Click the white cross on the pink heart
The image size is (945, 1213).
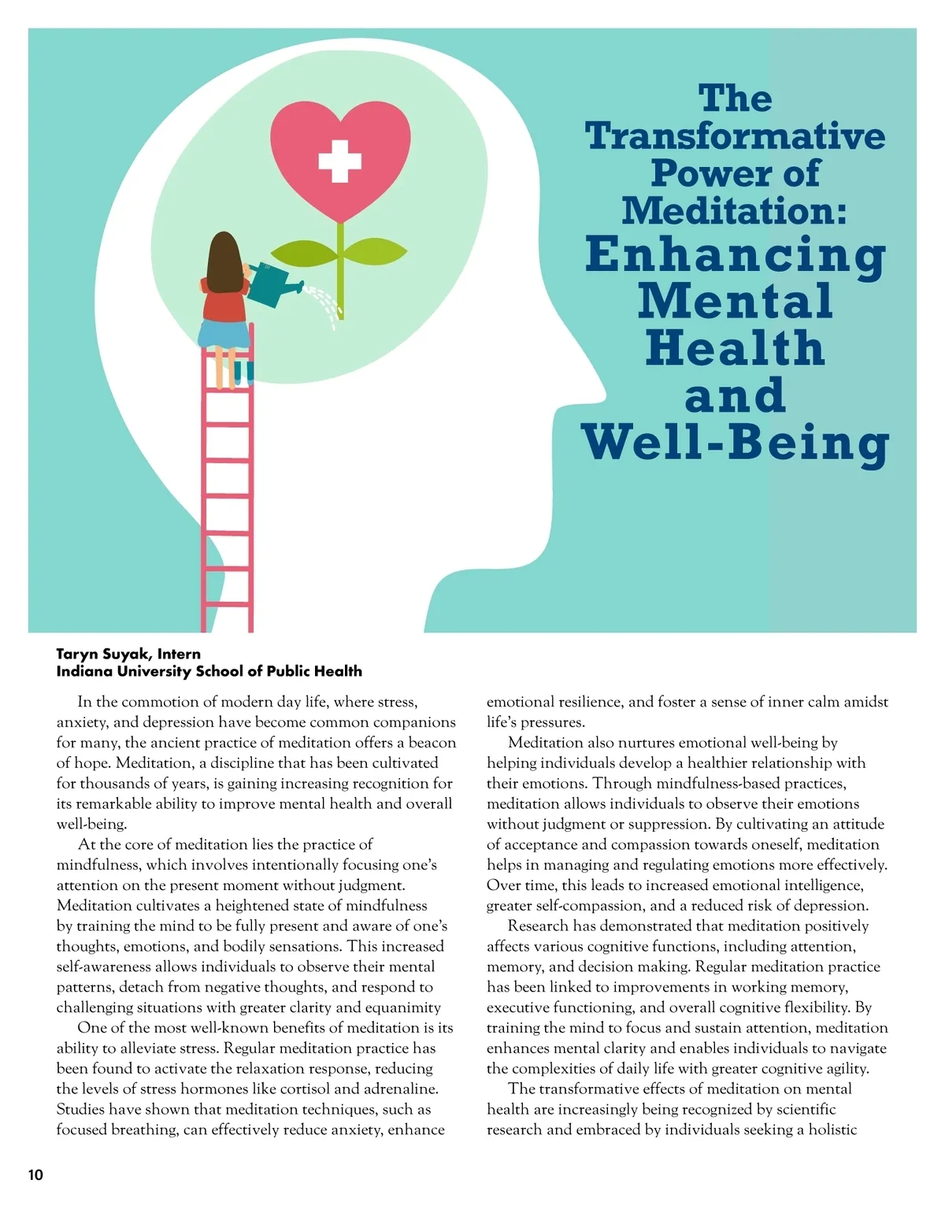click(339, 161)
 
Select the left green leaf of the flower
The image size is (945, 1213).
click(306, 254)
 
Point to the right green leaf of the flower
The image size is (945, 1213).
click(376, 252)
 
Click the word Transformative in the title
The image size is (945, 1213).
click(735, 135)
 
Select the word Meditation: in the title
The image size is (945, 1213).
click(735, 210)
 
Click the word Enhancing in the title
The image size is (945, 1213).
click(735, 255)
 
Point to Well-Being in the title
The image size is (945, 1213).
click(735, 443)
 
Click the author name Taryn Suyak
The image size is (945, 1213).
click(103, 654)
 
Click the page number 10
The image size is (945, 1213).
click(35, 1175)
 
